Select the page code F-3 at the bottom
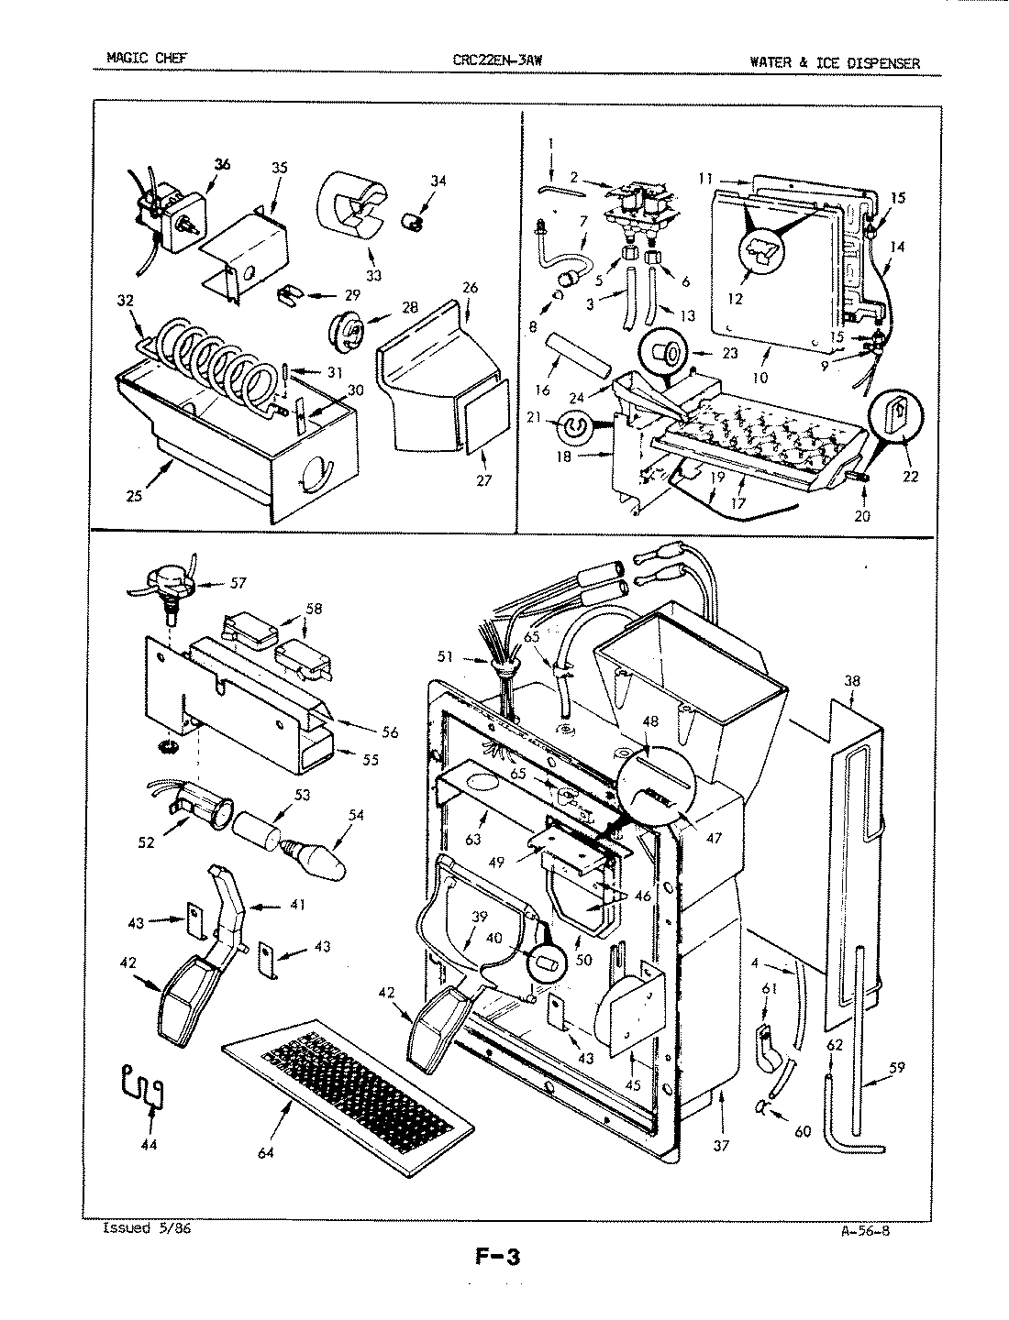point(497,1257)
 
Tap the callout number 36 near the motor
point(222,164)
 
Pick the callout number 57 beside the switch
point(238,582)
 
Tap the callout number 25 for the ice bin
point(134,496)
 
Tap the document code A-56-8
point(864,1231)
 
